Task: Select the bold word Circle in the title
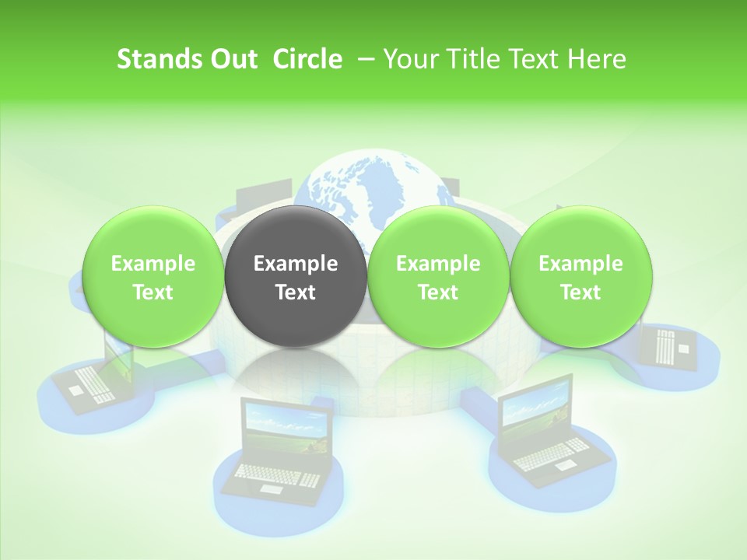click(307, 59)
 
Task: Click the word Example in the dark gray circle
click(296, 264)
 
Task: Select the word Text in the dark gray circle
click(296, 292)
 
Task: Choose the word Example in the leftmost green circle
click(153, 264)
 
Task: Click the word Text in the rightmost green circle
click(580, 292)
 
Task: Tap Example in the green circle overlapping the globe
click(438, 264)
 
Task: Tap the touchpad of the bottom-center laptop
click(269, 488)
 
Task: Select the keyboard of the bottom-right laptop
click(552, 454)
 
